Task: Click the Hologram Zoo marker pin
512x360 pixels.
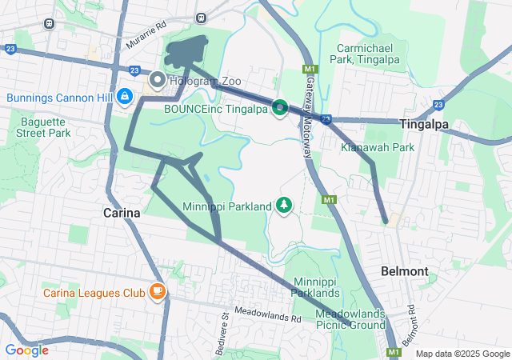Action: point(157,80)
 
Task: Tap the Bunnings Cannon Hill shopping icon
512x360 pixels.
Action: point(125,98)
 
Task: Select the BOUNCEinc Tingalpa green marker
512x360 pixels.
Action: point(279,107)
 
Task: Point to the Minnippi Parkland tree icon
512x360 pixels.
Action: point(284,206)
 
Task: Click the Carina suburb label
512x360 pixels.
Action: point(122,213)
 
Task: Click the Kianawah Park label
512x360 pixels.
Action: point(378,147)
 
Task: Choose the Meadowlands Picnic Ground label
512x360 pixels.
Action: point(350,319)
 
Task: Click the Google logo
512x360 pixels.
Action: point(26,350)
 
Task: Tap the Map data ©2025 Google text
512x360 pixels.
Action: point(462,354)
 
